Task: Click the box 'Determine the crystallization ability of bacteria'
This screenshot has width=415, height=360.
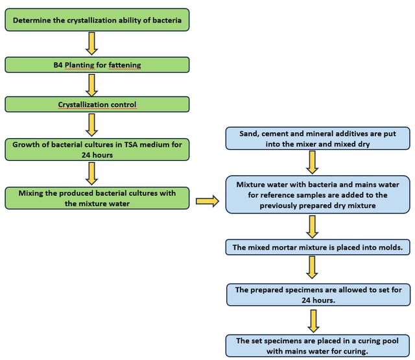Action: [x=97, y=20]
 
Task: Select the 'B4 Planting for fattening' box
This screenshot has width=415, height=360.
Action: [x=97, y=65]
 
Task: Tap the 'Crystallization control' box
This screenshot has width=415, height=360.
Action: [x=97, y=104]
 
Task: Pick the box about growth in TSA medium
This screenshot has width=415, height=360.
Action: [x=97, y=150]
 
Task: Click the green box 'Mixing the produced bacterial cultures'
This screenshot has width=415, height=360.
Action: [x=97, y=198]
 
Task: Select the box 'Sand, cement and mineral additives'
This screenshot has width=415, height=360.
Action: [x=318, y=138]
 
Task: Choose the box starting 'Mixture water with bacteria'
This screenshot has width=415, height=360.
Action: [x=318, y=195]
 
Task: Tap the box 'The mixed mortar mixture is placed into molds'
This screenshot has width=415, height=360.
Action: [x=318, y=247]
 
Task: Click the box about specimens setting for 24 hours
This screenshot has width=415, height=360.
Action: [x=318, y=294]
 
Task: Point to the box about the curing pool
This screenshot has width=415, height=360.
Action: [x=318, y=346]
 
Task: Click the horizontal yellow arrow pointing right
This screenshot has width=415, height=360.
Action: [x=207, y=201]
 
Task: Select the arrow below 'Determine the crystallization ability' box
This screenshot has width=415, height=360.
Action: [x=92, y=43]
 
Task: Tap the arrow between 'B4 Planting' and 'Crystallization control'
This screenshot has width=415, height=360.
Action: [x=92, y=85]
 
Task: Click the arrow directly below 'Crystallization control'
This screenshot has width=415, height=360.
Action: [x=92, y=125]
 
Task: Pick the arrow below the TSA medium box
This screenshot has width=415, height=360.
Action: [x=92, y=174]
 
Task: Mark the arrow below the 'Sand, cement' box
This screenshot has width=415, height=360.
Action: [x=313, y=162]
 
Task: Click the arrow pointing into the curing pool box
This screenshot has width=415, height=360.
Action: [x=313, y=321]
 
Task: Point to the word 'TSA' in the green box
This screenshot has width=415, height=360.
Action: [x=131, y=145]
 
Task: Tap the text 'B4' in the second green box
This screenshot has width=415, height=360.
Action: [x=58, y=65]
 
